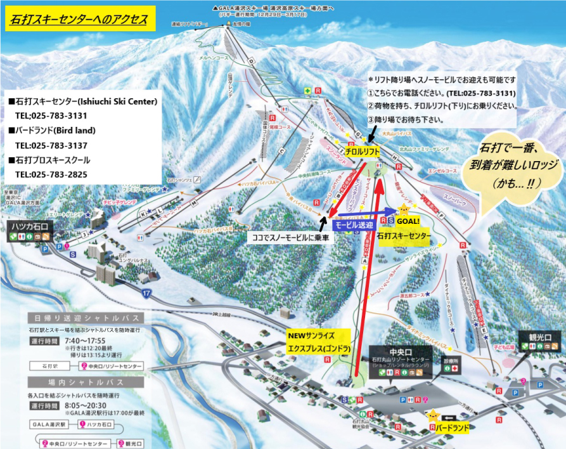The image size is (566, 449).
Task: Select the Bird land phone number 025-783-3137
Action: [51, 145]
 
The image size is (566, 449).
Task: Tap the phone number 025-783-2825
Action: [51, 174]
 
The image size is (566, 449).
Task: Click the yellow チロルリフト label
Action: [363, 152]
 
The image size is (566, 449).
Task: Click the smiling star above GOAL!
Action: [404, 209]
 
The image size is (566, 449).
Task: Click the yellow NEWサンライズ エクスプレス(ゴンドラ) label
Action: [318, 342]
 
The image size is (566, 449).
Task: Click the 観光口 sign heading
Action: [537, 336]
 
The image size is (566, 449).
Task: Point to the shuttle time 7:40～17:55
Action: [86, 341]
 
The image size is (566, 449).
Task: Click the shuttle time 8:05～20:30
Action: [86, 405]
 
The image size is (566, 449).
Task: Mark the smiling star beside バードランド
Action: [433, 416]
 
